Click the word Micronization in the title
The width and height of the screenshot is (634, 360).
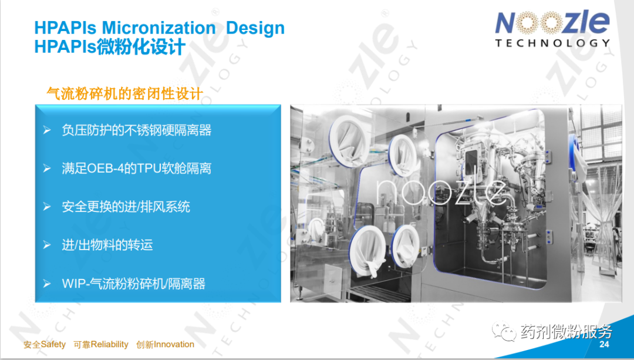pyautogui.click(x=158, y=28)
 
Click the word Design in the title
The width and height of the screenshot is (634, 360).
pyautogui.click(x=255, y=28)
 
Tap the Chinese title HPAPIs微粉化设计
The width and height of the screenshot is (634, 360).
pyautogui.click(x=110, y=47)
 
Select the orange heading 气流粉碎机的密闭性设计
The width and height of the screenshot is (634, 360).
pyautogui.click(x=124, y=94)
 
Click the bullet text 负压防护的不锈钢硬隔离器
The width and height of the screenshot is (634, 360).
pyautogui.click(x=137, y=130)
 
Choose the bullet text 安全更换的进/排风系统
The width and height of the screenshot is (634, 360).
pyautogui.click(x=126, y=207)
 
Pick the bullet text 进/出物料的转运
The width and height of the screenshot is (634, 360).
pyautogui.click(x=107, y=245)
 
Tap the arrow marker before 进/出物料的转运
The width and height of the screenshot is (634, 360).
pyautogui.click(x=47, y=245)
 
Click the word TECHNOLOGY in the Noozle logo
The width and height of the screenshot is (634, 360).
pyautogui.click(x=552, y=43)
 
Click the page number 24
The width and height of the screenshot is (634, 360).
pyautogui.click(x=604, y=344)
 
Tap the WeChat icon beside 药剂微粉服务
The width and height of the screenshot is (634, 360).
pyautogui.click(x=504, y=332)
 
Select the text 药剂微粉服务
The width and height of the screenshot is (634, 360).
pyautogui.click(x=566, y=332)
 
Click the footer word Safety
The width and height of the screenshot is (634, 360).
pyautogui.click(x=53, y=345)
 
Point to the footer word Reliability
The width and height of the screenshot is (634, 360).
pyautogui.click(x=110, y=345)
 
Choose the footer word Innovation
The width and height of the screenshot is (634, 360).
pyautogui.click(x=174, y=345)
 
